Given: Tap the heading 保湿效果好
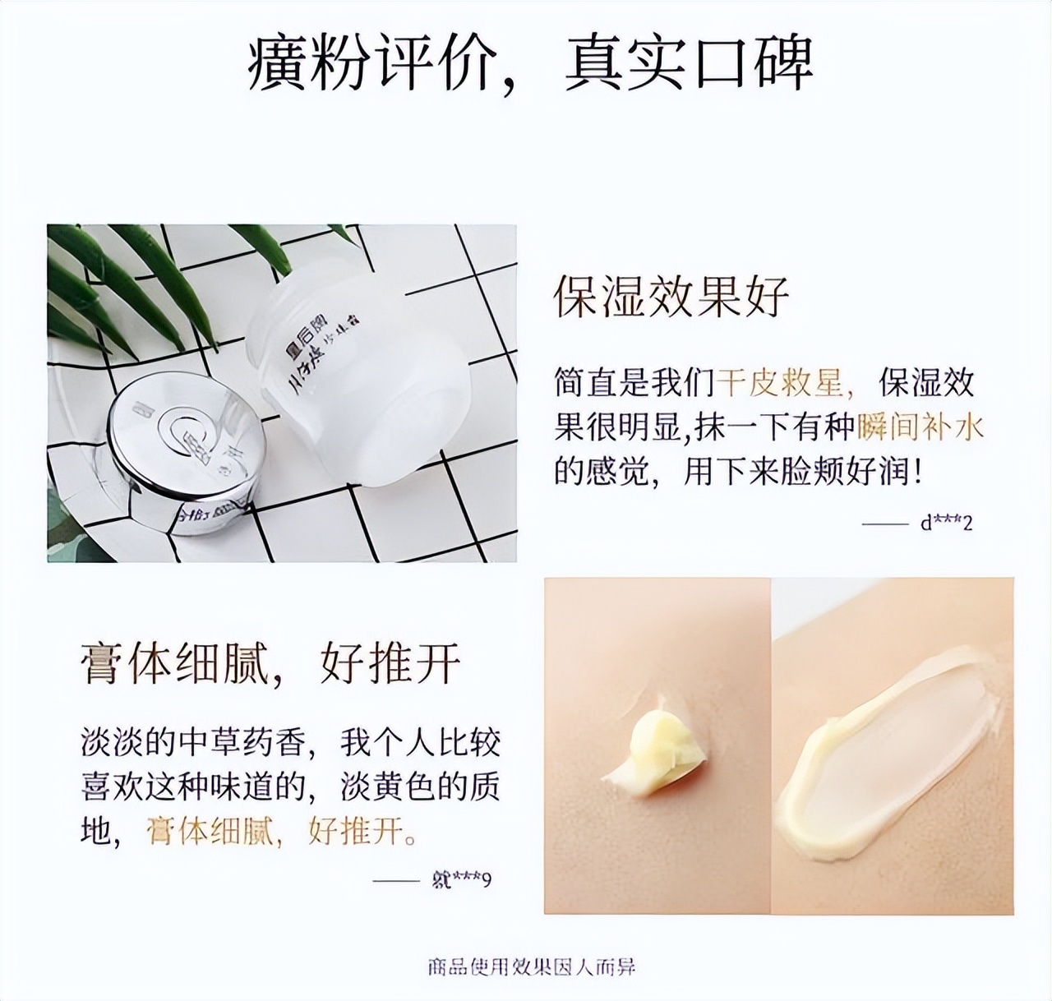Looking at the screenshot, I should [671, 295].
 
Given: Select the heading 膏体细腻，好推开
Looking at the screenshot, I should [271, 662].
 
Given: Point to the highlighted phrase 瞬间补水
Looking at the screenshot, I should [920, 427].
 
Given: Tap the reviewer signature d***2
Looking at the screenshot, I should [946, 523].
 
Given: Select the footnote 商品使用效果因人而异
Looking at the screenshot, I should [531, 966].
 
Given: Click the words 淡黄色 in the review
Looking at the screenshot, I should [390, 787].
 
